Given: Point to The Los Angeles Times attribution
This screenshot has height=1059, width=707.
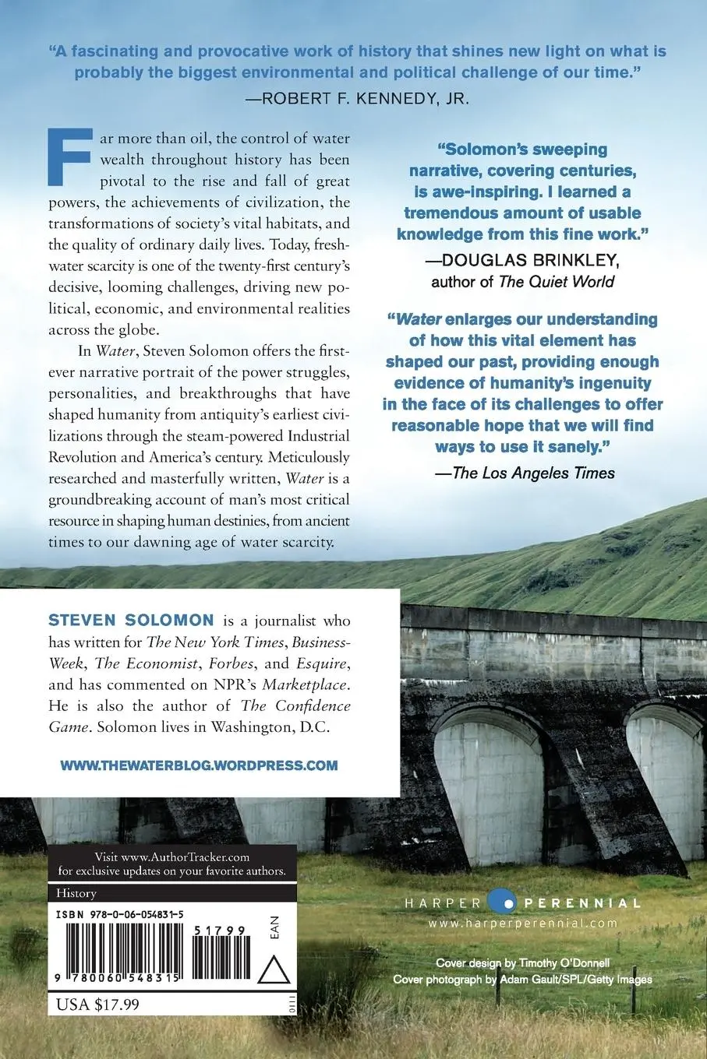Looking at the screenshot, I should click(533, 472).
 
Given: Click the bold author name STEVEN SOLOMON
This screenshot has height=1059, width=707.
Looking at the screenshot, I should click(131, 621).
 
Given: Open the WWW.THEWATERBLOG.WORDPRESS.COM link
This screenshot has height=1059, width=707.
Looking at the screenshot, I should click(199, 765).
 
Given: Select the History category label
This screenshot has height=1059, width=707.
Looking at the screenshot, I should click(76, 893).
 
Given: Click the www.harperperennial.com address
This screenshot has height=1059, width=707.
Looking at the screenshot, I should click(522, 923).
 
